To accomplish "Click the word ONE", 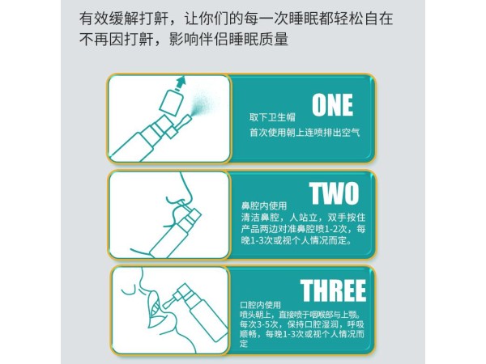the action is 332,105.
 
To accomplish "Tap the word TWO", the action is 334,193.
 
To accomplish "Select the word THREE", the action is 333,290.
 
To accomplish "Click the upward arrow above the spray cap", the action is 181,83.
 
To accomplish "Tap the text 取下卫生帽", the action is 272,117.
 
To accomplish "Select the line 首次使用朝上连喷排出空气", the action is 305,133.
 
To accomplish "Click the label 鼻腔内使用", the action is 264,205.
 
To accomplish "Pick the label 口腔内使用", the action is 260,305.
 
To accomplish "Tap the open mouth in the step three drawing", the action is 155,310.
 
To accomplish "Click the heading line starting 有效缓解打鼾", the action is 236,19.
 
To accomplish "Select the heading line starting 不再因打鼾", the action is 184,40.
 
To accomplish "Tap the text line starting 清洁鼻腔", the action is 304,218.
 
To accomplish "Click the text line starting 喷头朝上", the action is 301,315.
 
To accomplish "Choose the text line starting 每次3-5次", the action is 302,324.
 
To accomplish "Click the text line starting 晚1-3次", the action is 296,240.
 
